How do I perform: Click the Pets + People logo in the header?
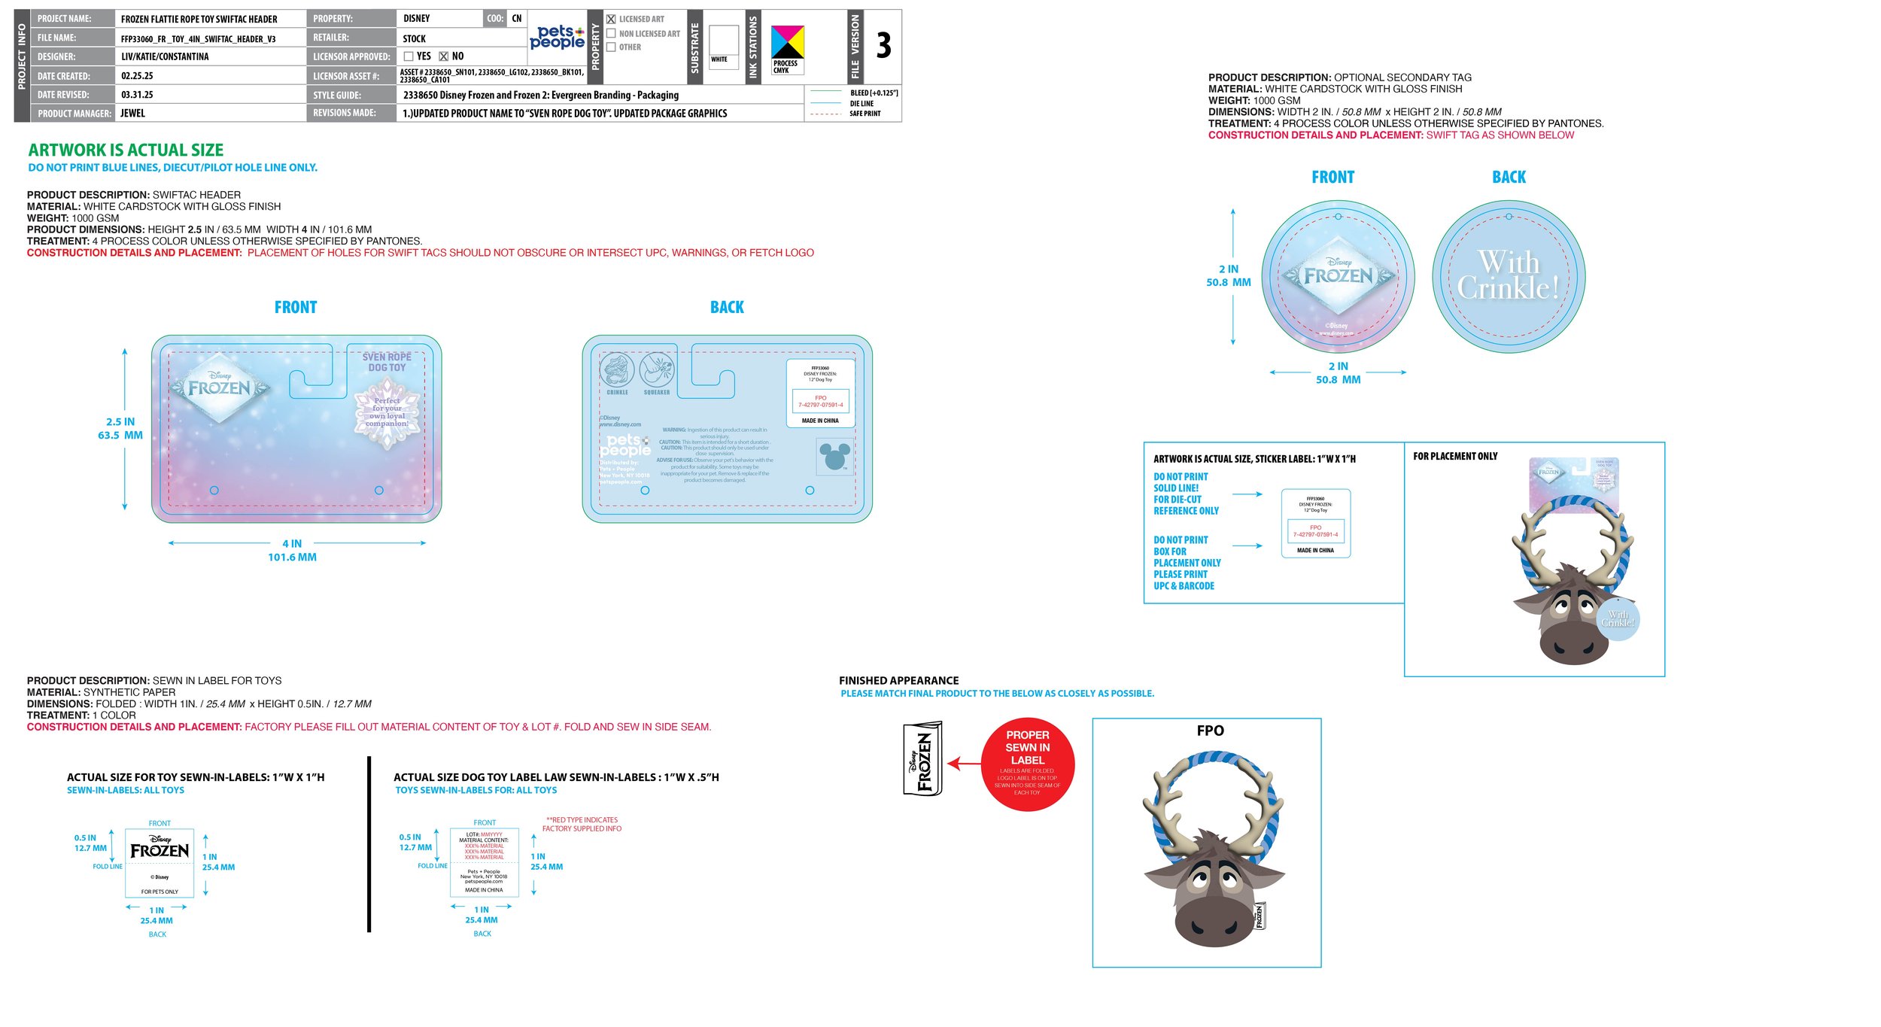557,37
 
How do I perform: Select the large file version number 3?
883,45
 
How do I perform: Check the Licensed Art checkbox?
611,20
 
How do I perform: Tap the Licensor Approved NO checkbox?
443,56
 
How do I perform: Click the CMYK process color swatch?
787,43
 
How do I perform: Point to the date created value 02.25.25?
137,76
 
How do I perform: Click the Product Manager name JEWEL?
132,114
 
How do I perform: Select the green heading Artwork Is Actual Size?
126,150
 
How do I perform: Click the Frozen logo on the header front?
219,387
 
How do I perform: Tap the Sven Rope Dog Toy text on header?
387,362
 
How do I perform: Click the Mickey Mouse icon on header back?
834,457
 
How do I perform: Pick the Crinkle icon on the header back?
617,369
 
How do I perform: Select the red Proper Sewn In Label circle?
1027,764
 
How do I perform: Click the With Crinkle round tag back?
1509,276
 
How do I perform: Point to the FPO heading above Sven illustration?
1210,731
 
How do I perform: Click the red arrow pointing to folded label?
963,764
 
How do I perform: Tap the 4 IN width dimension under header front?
292,543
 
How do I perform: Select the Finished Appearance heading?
898,680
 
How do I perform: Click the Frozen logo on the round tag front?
1338,275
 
